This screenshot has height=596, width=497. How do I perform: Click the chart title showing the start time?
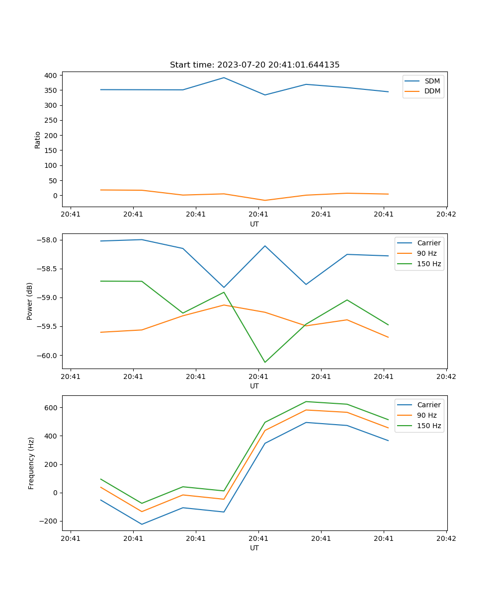(x=254, y=65)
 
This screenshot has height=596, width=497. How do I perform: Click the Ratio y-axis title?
(x=38, y=140)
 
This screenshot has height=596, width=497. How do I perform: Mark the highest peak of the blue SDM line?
(x=224, y=77)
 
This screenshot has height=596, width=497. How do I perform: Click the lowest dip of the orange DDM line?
(x=265, y=201)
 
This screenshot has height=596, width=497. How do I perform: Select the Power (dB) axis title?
(x=30, y=301)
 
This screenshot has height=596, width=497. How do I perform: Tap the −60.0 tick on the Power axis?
(x=48, y=356)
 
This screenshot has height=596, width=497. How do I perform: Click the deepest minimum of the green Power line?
(x=265, y=362)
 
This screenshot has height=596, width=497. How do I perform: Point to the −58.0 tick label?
(x=48, y=240)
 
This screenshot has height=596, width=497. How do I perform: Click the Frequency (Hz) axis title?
(x=31, y=463)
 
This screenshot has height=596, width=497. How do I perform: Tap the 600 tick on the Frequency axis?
(x=52, y=408)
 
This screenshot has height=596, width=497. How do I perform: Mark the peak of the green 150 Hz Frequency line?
(x=306, y=401)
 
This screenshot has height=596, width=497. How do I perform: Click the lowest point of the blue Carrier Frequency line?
(x=142, y=524)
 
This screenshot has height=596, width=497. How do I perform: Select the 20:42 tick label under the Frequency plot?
(x=446, y=537)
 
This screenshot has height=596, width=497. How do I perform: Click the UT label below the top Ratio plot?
(x=254, y=224)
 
